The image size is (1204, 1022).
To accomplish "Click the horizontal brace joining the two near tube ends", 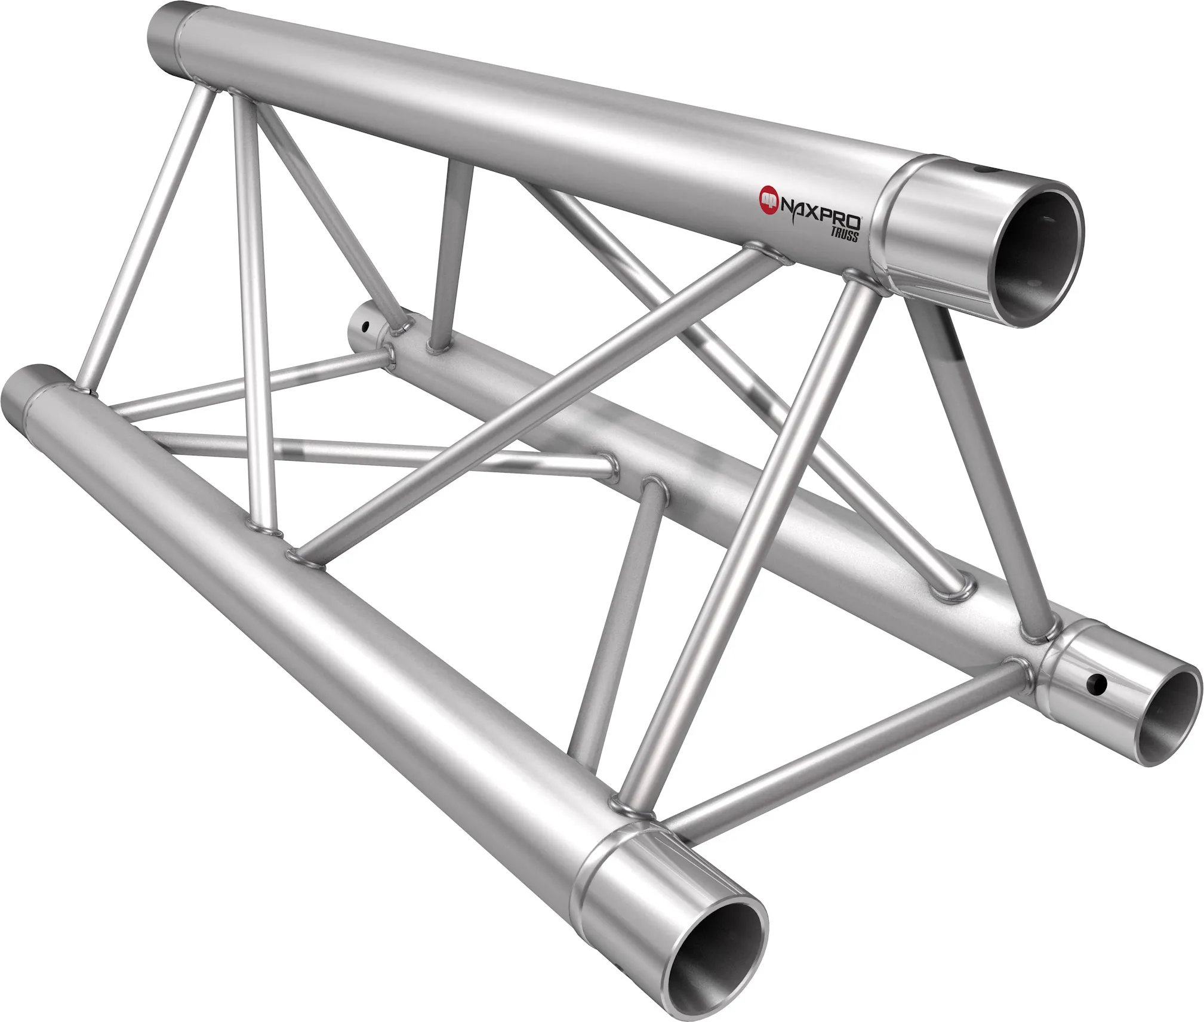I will [x=836, y=746].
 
